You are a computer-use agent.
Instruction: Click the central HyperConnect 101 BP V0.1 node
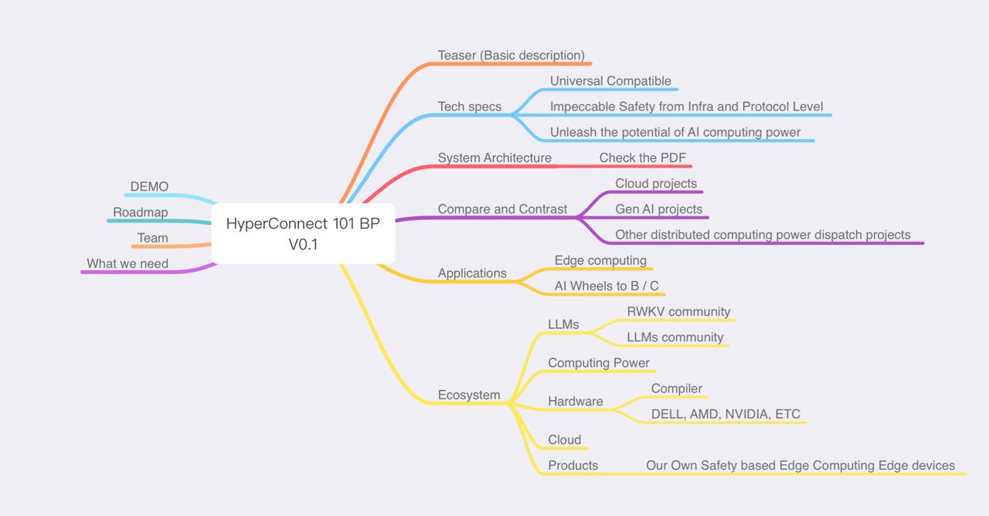point(303,233)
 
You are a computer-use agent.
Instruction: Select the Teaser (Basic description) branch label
point(511,56)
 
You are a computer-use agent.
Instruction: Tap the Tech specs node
point(469,107)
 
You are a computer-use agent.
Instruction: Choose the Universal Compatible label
point(610,81)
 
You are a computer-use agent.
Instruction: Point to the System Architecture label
point(494,158)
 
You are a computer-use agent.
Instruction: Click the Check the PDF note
point(642,158)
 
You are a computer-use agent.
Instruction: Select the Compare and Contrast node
point(502,209)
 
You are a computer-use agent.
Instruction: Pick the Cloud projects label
point(656,184)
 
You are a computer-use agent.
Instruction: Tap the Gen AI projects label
point(659,209)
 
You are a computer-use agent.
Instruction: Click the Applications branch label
point(472,273)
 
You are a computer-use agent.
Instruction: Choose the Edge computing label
point(600,260)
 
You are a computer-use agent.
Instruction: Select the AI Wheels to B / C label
point(607,286)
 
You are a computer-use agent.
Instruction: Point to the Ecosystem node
point(469,395)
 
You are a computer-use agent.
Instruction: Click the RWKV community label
point(678,312)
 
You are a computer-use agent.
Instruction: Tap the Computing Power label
point(599,363)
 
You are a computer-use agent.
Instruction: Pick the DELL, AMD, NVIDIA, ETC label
point(726,414)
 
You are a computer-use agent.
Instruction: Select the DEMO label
point(149,187)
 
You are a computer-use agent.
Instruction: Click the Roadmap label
point(140,212)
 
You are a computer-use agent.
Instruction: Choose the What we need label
point(127,263)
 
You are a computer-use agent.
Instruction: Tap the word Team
point(152,238)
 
